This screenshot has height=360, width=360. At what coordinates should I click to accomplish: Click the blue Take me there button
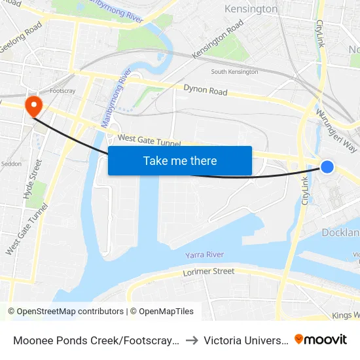pos(180,160)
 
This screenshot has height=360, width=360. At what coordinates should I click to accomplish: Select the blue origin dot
pos(327,167)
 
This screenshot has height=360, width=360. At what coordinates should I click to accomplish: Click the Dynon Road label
pos(205,90)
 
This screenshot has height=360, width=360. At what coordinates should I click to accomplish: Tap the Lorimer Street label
pos(209,271)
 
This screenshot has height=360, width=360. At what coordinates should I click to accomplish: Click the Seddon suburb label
pos(11,164)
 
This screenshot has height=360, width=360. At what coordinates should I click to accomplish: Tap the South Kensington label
pos(234,71)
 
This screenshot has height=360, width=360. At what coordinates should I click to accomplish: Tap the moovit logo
pos(321,339)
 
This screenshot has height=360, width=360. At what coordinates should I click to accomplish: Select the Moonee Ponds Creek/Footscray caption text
pos(94,340)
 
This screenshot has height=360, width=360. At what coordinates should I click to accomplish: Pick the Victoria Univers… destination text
pos(245,340)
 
